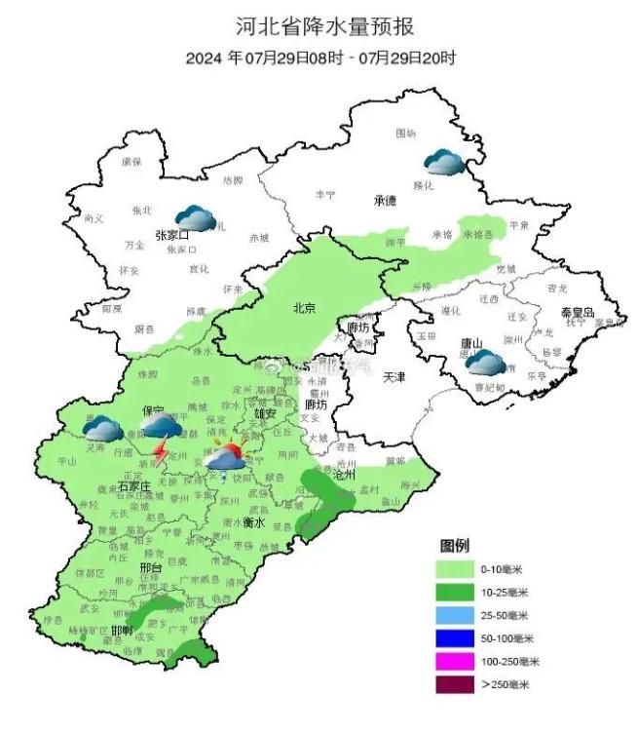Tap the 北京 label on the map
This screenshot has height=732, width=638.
(304, 309)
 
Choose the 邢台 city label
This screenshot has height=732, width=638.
(152, 566)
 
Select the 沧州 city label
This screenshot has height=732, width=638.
(346, 475)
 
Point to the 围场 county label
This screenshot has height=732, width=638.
(405, 133)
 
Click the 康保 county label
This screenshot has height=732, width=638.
(131, 161)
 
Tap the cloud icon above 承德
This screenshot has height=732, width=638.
(443, 162)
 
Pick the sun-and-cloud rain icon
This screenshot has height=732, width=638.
(229, 456)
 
